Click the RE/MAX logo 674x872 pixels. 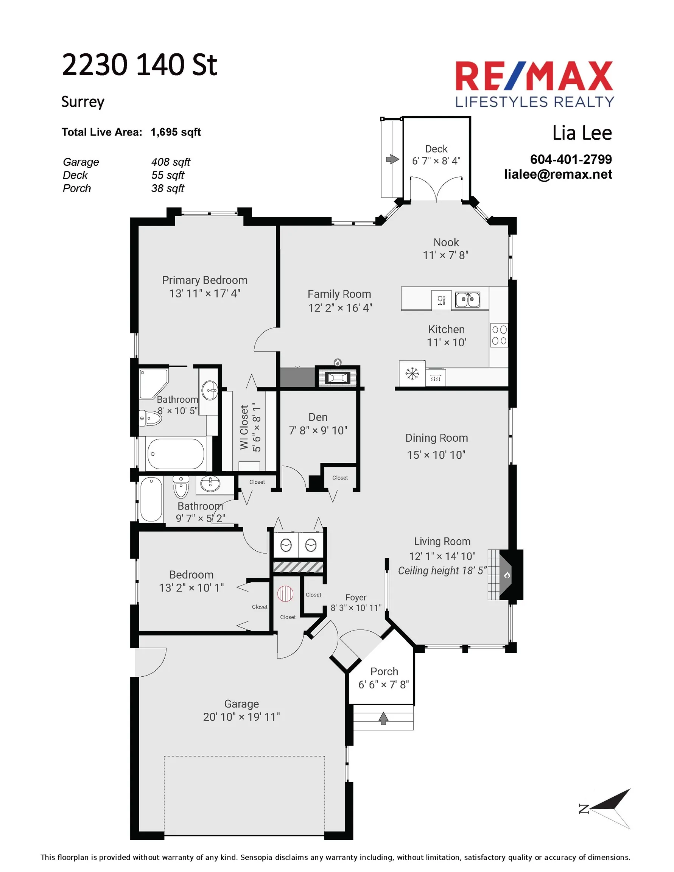(x=534, y=84)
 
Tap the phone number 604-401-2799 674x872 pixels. (x=571, y=159)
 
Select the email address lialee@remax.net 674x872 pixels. (x=558, y=174)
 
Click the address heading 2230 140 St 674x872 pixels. (x=139, y=65)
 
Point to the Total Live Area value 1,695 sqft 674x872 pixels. (x=176, y=132)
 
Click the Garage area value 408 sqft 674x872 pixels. (x=171, y=162)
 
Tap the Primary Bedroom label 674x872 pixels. (x=205, y=280)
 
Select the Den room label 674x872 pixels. (x=318, y=417)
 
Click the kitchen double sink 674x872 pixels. (x=468, y=299)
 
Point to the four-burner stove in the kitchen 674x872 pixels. (x=499, y=335)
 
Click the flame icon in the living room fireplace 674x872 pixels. (x=507, y=575)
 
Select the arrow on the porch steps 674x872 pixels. (x=383, y=718)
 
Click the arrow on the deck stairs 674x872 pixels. (x=392, y=159)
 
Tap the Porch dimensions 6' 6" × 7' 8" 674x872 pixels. (x=383, y=685)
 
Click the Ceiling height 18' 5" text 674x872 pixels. (x=442, y=571)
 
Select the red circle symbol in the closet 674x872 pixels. (x=285, y=594)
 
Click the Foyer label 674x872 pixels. (x=356, y=597)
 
